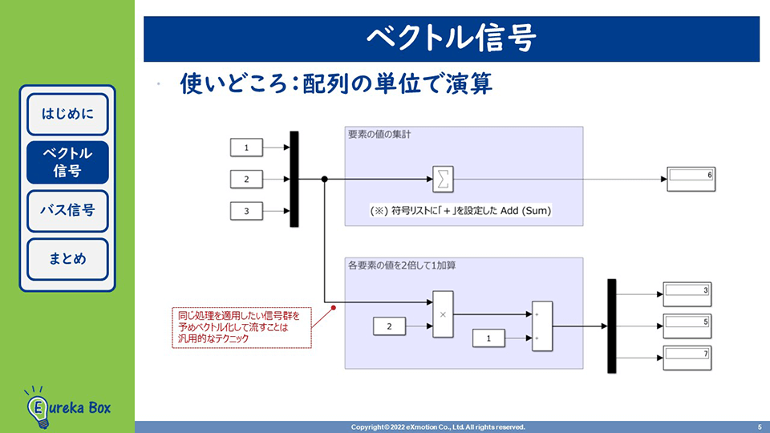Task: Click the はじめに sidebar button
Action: coord(67,114)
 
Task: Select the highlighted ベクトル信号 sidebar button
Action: coord(67,162)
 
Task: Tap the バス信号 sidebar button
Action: coord(67,210)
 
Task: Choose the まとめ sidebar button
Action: coord(67,259)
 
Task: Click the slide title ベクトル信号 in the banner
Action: coord(451,38)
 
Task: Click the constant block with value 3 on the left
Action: coord(247,211)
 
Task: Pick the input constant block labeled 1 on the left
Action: coord(247,148)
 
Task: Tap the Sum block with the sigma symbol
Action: coord(443,179)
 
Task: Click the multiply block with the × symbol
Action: coord(443,314)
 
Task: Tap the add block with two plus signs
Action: coord(542,326)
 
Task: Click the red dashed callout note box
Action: coord(241,326)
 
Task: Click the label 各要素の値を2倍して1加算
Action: coord(396,265)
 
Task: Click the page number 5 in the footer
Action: coord(759,427)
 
